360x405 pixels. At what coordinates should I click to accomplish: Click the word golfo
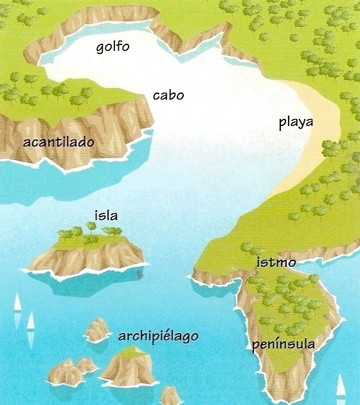pos(113,47)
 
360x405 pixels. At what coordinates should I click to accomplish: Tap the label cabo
pos(168,95)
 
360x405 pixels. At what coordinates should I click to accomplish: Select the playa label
pos(300,123)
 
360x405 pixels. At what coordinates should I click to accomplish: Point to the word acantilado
pos(59,141)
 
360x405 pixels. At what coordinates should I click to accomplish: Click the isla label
pos(106,215)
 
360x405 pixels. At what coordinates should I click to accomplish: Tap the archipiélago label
pos(158,336)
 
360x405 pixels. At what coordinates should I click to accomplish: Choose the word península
pos(283,345)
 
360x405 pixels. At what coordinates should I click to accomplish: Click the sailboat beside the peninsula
pos(341,386)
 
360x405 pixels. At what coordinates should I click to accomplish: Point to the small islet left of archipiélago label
pos(97,330)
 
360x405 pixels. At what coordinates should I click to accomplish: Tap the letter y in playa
pos(306,125)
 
